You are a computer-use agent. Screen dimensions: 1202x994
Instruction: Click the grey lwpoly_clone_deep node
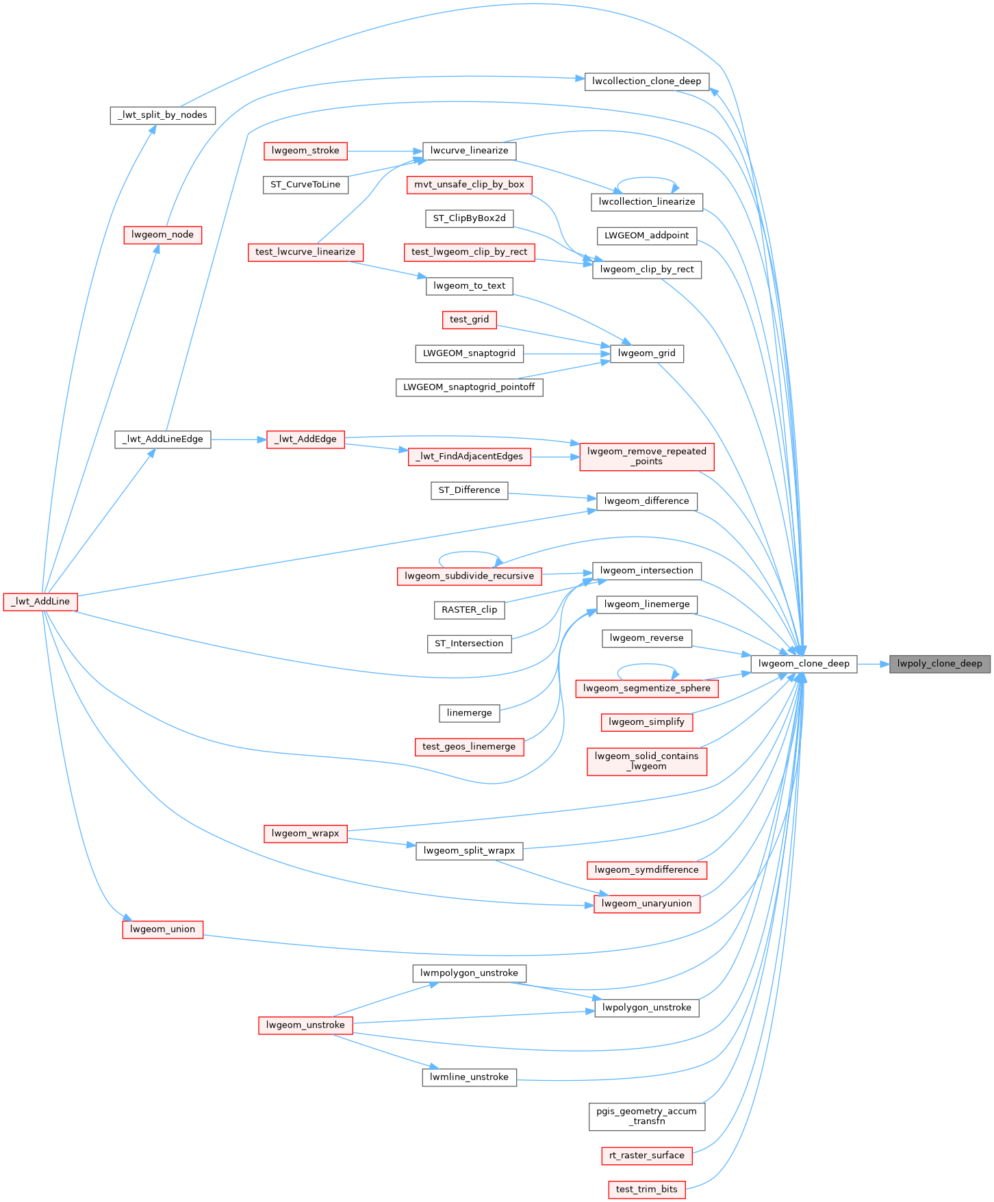tap(939, 663)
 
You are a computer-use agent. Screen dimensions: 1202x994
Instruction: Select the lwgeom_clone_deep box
tap(804, 663)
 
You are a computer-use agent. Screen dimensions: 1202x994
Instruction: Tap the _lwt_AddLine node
tap(40, 602)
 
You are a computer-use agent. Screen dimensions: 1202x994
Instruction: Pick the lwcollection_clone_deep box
tap(646, 81)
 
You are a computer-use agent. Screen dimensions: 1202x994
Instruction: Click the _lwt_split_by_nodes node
tap(162, 115)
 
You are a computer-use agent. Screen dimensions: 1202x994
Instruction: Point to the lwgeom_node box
tap(162, 235)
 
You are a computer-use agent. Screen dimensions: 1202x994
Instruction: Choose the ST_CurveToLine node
tap(305, 185)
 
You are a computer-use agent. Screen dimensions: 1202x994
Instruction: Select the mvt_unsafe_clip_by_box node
tap(469, 185)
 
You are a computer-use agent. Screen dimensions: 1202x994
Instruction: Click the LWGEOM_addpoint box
tap(646, 235)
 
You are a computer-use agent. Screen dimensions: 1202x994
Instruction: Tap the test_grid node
tap(469, 320)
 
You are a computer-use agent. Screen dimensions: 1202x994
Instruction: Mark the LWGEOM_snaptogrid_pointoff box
tap(469, 387)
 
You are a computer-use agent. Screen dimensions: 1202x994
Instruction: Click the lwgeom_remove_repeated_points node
tap(646, 457)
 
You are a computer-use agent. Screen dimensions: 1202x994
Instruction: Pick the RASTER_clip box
tap(469, 610)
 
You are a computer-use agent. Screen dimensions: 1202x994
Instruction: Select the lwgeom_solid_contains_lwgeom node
tap(646, 761)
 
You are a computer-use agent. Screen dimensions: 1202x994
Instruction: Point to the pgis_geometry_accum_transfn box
tap(646, 1116)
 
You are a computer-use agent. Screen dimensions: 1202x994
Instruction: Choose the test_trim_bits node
tap(646, 1189)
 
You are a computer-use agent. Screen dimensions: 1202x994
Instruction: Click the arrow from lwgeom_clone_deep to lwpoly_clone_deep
tap(873, 663)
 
